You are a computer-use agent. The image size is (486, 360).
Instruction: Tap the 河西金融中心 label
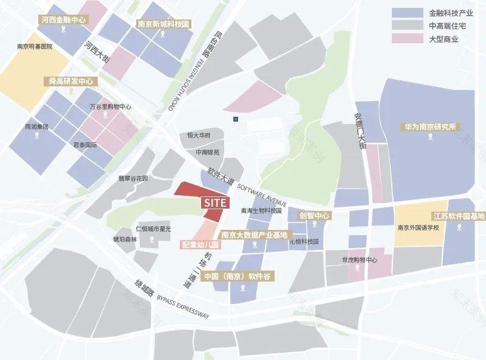tap(63, 20)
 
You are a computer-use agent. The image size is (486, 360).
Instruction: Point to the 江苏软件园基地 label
tap(459, 216)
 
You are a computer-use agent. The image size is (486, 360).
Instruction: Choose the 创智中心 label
tap(314, 215)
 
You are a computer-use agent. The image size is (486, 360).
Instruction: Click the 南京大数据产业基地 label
tap(254, 235)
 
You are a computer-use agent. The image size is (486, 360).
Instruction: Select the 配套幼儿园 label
tap(200, 245)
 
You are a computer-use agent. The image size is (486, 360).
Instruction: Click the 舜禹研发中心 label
tap(71, 80)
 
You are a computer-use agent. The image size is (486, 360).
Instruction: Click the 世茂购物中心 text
tap(360, 260)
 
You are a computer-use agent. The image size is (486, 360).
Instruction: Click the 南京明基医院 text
tap(35, 46)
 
